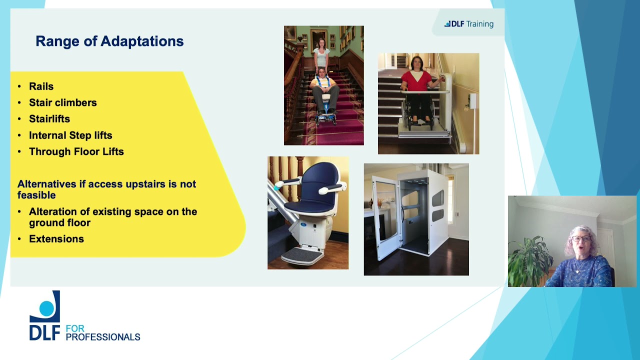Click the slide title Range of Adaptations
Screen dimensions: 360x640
pos(109,41)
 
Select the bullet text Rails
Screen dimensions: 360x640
pos(41,86)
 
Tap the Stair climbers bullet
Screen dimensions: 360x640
pos(62,102)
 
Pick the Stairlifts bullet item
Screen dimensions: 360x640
pos(49,119)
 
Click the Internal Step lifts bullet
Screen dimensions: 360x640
pos(70,135)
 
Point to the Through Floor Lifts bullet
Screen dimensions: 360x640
pos(76,151)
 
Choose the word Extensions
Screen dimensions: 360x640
pos(56,239)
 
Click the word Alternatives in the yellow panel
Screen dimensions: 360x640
pos(47,184)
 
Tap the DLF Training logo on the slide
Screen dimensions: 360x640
pos(468,24)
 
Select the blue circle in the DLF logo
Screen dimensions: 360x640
pos(47,308)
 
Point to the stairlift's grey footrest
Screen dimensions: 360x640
pos(302,256)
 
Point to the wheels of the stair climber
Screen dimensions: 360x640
pos(325,119)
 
